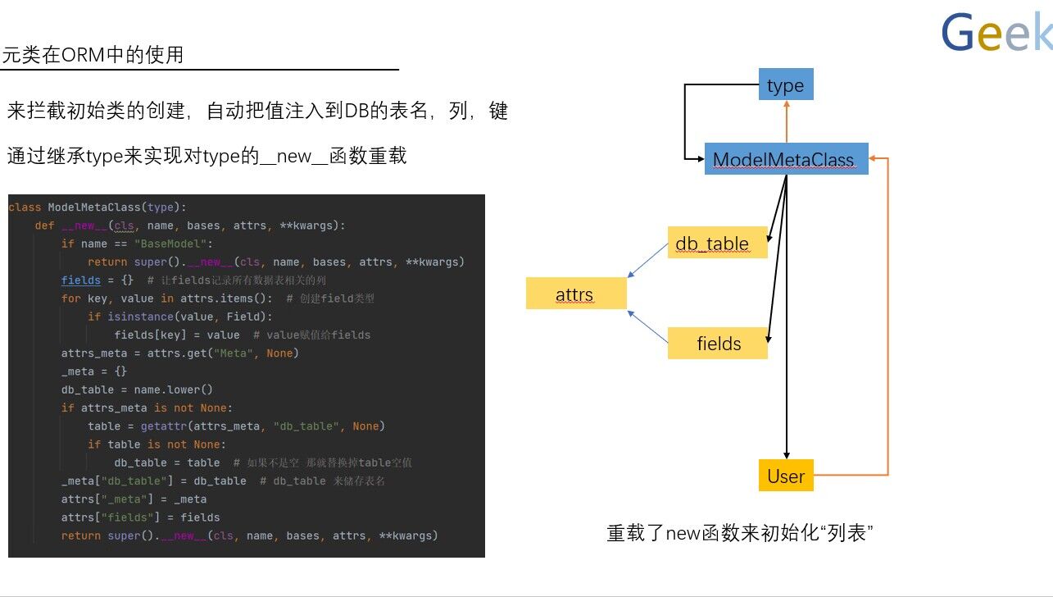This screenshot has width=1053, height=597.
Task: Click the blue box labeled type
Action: (x=786, y=84)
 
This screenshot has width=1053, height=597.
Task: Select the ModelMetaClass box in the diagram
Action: (x=783, y=159)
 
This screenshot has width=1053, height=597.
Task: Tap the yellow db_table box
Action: (x=717, y=243)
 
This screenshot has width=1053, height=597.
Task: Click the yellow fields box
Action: (x=718, y=343)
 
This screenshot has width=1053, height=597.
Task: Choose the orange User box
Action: (x=786, y=476)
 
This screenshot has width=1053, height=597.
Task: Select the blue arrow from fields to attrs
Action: (x=648, y=327)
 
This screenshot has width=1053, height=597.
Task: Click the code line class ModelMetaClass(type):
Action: (x=98, y=207)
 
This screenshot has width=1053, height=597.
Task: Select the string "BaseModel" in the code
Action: (x=174, y=244)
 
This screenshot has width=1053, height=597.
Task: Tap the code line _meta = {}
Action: (x=94, y=371)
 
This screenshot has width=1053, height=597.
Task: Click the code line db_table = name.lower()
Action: (x=137, y=390)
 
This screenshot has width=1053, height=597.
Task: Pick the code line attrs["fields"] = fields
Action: (x=140, y=517)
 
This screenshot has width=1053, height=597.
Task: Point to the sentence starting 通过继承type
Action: (x=207, y=156)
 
